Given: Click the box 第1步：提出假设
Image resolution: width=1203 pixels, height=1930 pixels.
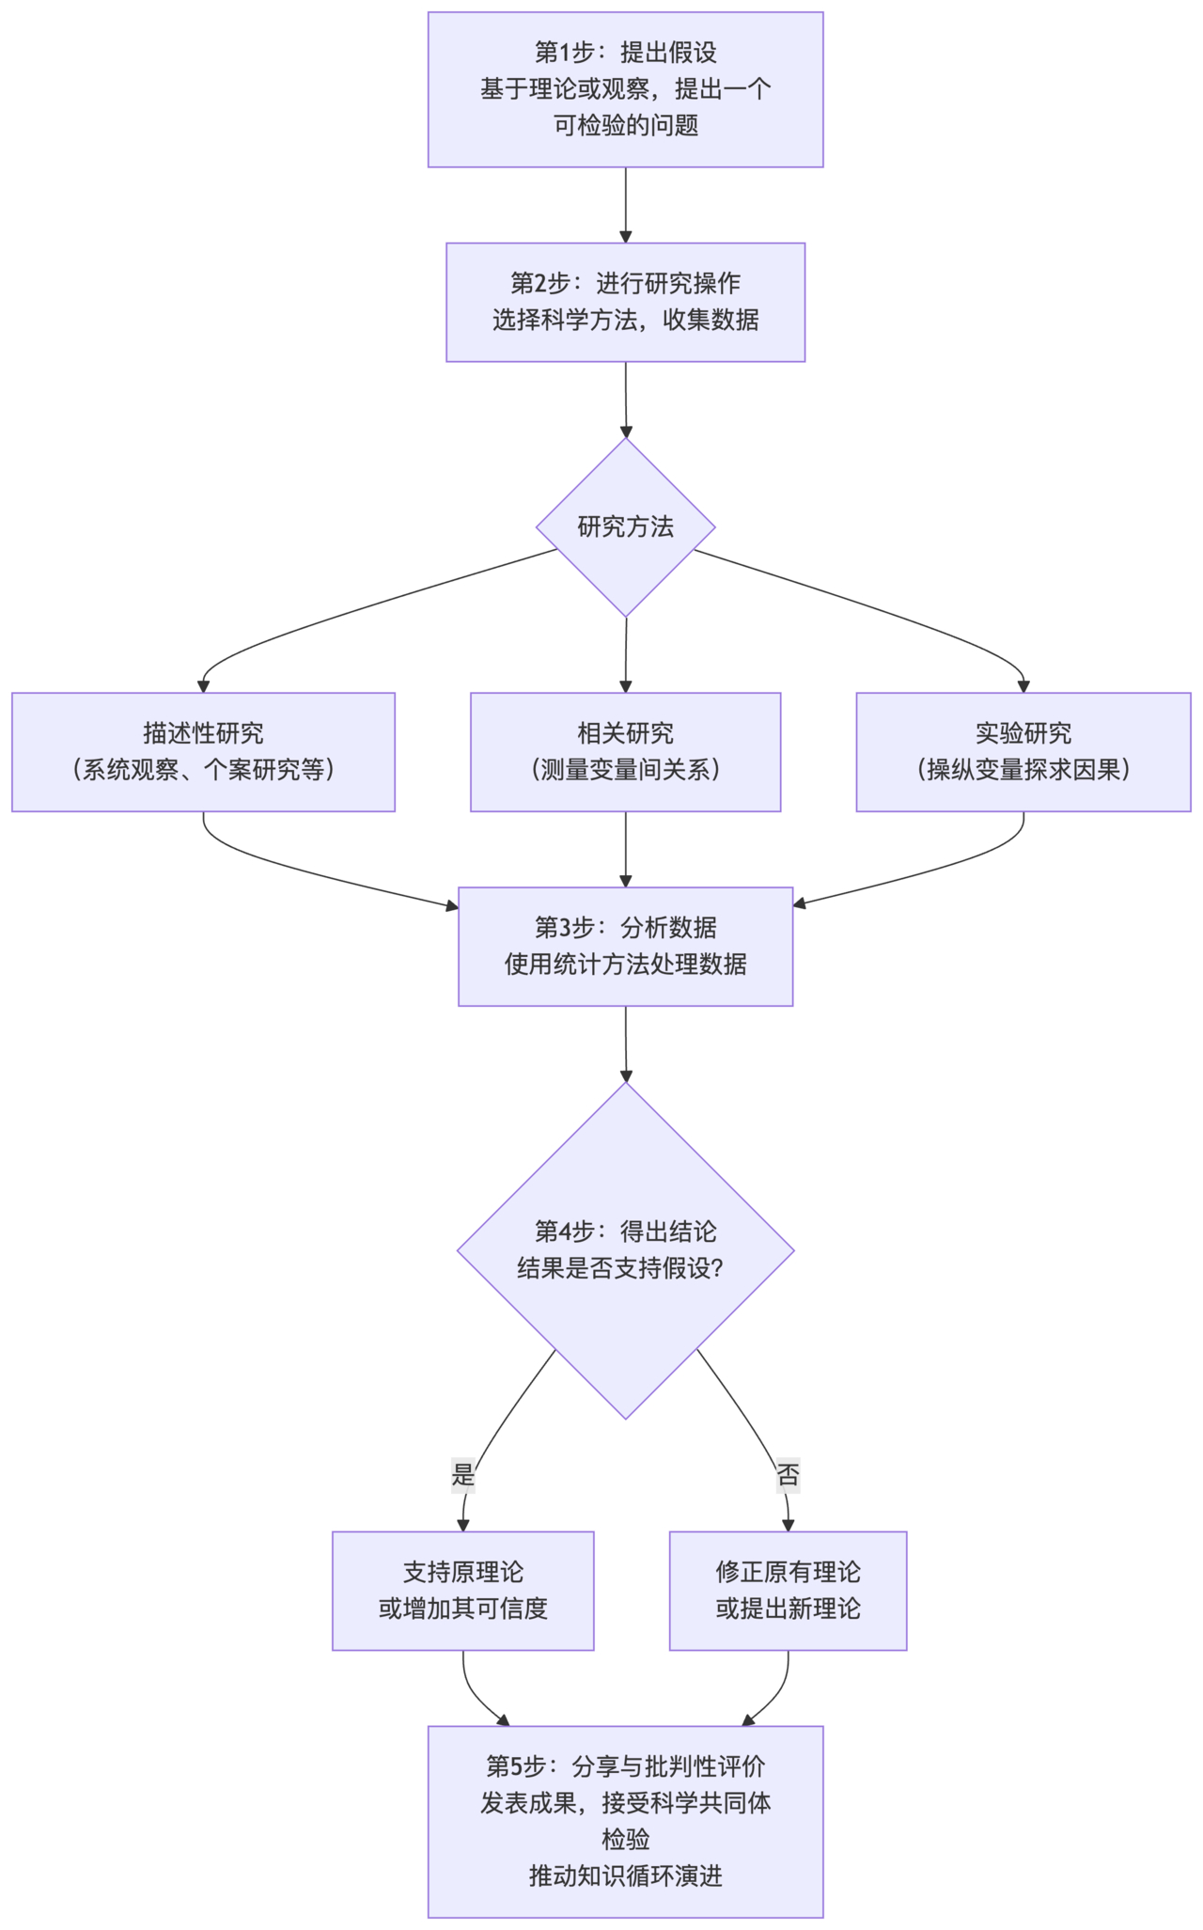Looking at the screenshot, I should click(x=625, y=89).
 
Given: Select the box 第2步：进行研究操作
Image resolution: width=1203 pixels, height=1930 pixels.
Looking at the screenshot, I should click(x=625, y=302).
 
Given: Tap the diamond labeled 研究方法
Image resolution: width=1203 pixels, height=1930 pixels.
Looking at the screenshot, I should click(x=625, y=527).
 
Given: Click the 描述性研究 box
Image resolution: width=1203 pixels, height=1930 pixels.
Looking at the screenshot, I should click(x=203, y=752).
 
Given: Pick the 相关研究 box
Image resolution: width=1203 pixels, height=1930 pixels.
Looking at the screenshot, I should click(x=625, y=752).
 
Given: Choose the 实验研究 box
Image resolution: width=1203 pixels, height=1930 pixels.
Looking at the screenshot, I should click(x=1023, y=752).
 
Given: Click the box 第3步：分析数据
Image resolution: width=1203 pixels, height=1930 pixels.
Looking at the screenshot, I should click(x=625, y=946).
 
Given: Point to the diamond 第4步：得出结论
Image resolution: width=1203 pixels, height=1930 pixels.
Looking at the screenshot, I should click(x=625, y=1249).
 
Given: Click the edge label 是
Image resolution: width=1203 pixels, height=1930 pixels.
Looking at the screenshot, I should click(x=463, y=1474).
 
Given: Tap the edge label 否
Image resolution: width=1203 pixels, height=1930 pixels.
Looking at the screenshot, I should click(x=788, y=1474).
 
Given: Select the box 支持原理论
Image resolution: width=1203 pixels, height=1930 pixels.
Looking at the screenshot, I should click(x=462, y=1591).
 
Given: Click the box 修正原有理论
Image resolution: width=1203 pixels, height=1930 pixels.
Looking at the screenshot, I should click(x=788, y=1591).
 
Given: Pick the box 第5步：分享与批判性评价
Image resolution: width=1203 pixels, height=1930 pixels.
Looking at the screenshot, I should click(x=625, y=1821).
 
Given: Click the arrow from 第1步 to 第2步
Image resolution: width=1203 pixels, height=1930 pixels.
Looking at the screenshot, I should click(x=626, y=205).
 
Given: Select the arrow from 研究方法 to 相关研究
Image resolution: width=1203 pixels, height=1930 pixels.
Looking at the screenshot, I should click(x=626, y=655).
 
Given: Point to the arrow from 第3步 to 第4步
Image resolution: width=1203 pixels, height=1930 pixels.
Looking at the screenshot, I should click(x=626, y=1043).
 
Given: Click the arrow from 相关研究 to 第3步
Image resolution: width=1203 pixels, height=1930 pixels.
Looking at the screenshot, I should click(x=626, y=849).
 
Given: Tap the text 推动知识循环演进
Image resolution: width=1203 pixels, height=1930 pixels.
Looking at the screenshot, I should click(x=625, y=1875).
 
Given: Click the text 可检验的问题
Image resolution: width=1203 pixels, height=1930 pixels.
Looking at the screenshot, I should click(x=625, y=126).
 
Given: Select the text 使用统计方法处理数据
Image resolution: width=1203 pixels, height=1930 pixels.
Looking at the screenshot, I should click(x=625, y=965).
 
